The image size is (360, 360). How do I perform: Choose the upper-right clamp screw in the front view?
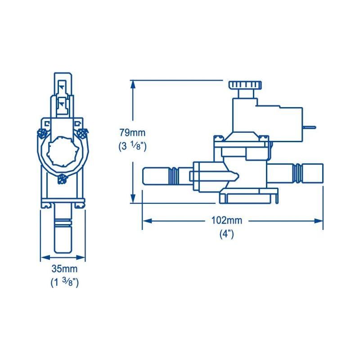pyautogui.click(x=83, y=133)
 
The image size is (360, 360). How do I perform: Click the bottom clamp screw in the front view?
pyautogui.click(x=62, y=179)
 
